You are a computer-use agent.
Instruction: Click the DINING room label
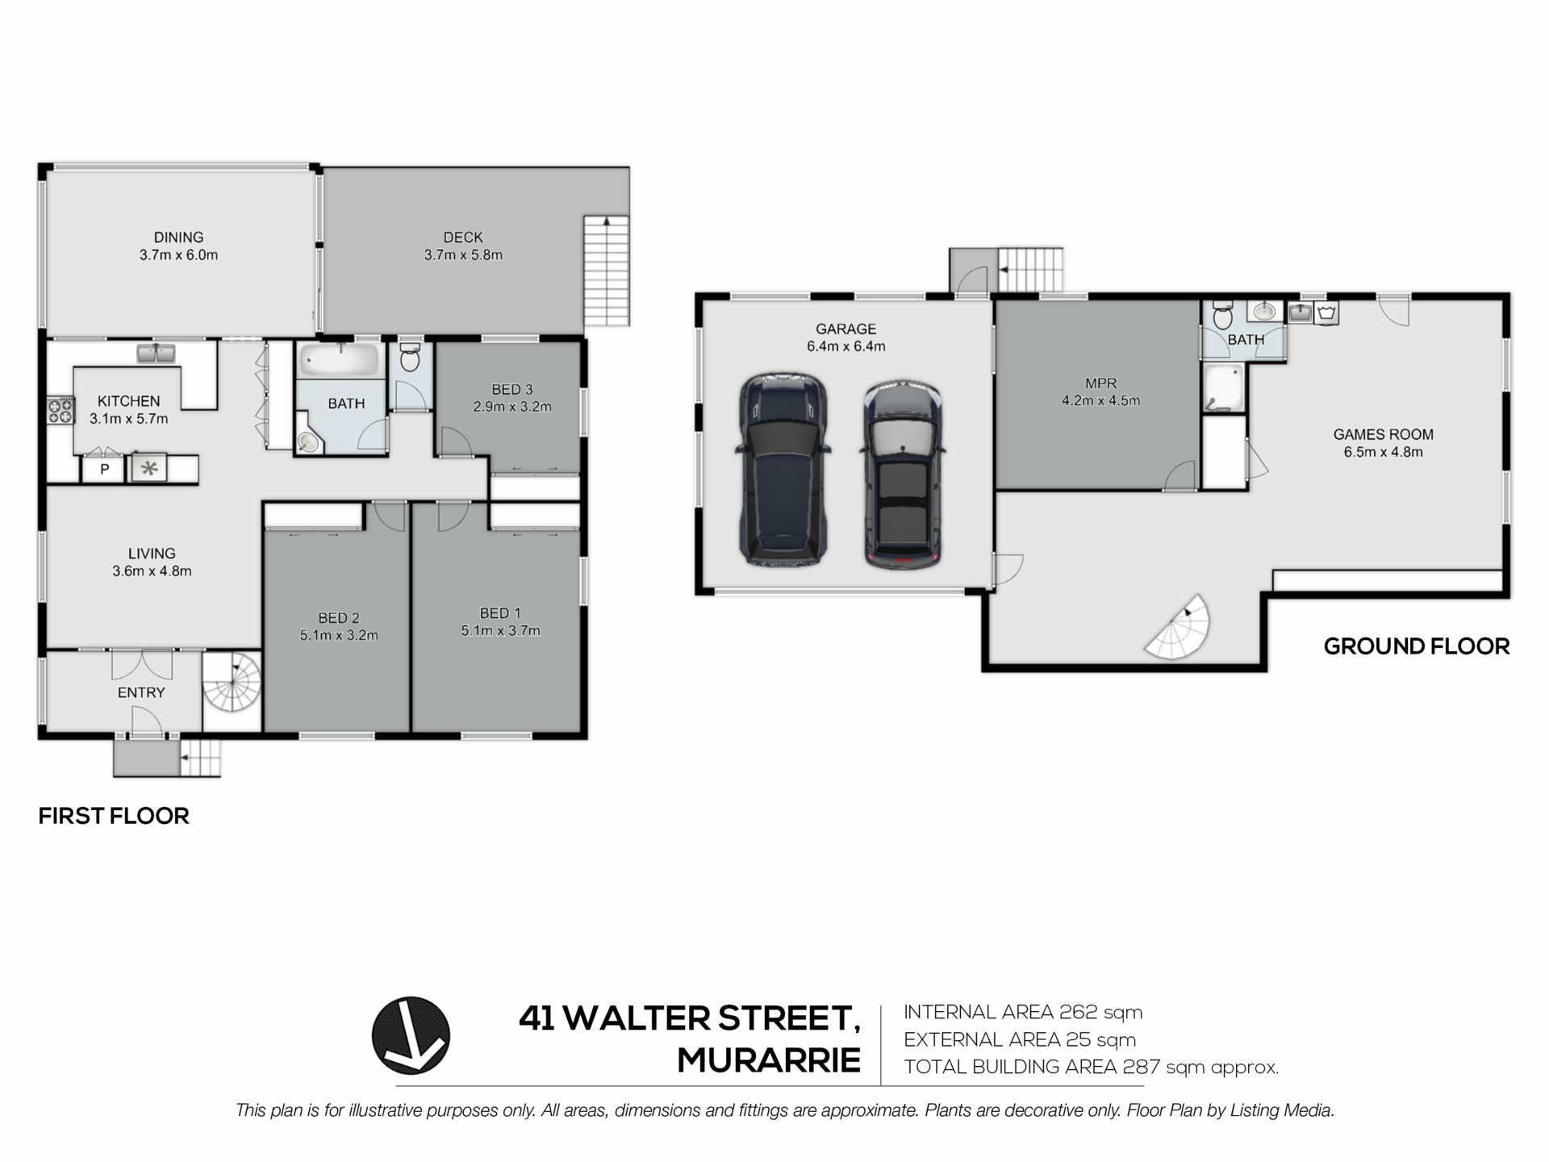point(178,237)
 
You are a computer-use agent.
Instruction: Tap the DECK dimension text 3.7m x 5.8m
point(463,255)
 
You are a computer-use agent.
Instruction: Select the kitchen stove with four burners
point(61,411)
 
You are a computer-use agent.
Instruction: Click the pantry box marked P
point(104,469)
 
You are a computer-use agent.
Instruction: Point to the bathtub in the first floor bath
point(340,360)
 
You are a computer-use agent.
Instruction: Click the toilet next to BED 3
point(410,357)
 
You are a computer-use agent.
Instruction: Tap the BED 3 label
point(512,390)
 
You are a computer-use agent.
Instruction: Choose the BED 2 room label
point(339,618)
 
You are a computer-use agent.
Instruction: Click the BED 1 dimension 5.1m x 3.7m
point(500,631)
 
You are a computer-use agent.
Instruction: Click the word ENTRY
point(141,692)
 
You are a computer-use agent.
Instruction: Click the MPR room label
point(1100,383)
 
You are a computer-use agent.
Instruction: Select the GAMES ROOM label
point(1383,435)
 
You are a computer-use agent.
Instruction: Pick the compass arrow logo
point(411,1035)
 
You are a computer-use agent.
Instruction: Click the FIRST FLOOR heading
point(114,816)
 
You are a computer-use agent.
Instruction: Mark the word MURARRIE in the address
point(769,1060)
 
